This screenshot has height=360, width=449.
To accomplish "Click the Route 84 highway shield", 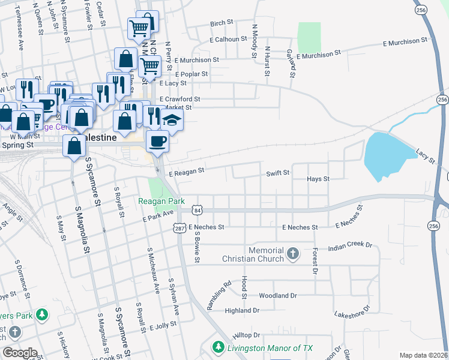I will pyautogui.click(x=197, y=210).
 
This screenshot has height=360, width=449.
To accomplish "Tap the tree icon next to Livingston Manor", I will pyautogui.click(x=218, y=347).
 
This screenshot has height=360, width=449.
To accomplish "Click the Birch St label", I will pyautogui.click(x=221, y=23).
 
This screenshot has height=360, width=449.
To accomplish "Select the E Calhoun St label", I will pyautogui.click(x=228, y=38).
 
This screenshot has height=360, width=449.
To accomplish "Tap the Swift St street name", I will pyautogui.click(x=278, y=173).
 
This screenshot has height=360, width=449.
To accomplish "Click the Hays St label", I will pyautogui.click(x=318, y=179).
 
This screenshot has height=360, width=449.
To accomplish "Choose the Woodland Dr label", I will pyautogui.click(x=278, y=296).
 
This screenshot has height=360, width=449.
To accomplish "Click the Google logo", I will pyautogui.click(x=20, y=353).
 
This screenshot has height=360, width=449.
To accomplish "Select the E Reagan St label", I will pyautogui.click(x=187, y=170).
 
